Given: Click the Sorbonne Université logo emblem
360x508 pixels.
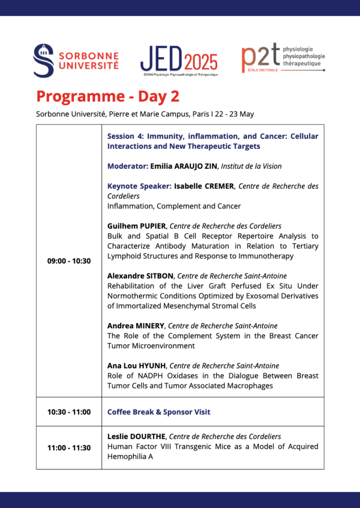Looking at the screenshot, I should point(43,61).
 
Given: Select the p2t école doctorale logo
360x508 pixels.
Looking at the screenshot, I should point(283,59).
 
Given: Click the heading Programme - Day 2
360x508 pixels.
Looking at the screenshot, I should point(108,96).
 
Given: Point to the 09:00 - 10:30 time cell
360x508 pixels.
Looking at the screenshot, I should point(69,260).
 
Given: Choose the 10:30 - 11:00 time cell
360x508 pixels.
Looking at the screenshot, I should point(69,412).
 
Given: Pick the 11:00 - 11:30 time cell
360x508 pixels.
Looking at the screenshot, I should point(69,447).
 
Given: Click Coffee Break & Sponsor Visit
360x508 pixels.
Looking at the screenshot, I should point(159,412).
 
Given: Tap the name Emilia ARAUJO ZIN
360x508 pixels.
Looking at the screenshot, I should point(184,166).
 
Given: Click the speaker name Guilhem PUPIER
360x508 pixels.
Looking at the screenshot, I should point(137,226).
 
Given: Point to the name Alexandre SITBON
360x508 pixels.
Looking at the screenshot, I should point(141,276).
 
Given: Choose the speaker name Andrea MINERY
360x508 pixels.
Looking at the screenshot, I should point(136,326).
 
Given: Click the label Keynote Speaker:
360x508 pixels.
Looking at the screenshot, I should point(140,186).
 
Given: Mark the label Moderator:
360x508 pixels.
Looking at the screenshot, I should point(128,166).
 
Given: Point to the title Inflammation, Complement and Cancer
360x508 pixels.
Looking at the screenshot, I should point(174,206).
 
